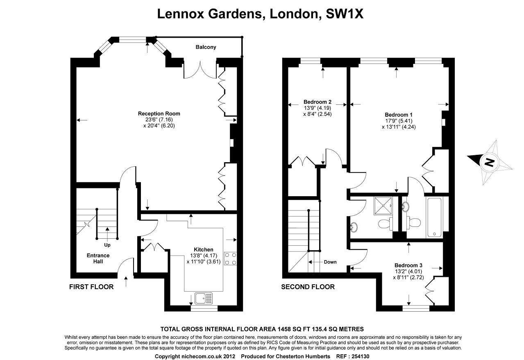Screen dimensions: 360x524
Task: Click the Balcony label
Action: [x=206, y=47]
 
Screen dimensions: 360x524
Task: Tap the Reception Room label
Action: [x=159, y=113]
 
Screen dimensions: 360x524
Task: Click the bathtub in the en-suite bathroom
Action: [x=434, y=217]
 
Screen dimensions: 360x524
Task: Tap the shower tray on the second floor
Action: [x=383, y=206]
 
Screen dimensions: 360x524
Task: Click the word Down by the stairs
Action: [x=330, y=262]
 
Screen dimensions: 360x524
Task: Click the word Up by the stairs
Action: [x=107, y=245]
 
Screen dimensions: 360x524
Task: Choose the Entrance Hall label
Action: [x=98, y=258]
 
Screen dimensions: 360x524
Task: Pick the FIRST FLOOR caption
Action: [x=91, y=287]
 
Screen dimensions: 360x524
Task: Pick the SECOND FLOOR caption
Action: [x=308, y=287]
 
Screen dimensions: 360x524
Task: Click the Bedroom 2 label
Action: [x=318, y=102]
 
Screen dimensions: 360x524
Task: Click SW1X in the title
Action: [x=345, y=14]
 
